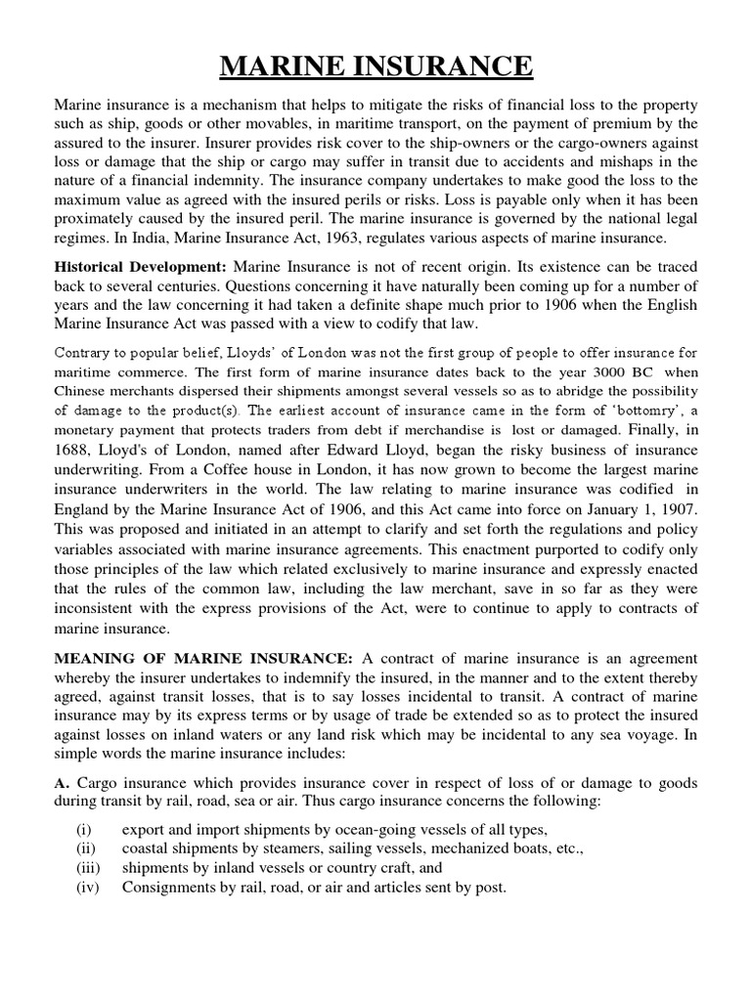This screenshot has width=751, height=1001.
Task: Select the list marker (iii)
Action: pos(87,868)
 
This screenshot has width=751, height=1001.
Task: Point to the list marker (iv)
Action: pos(87,888)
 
